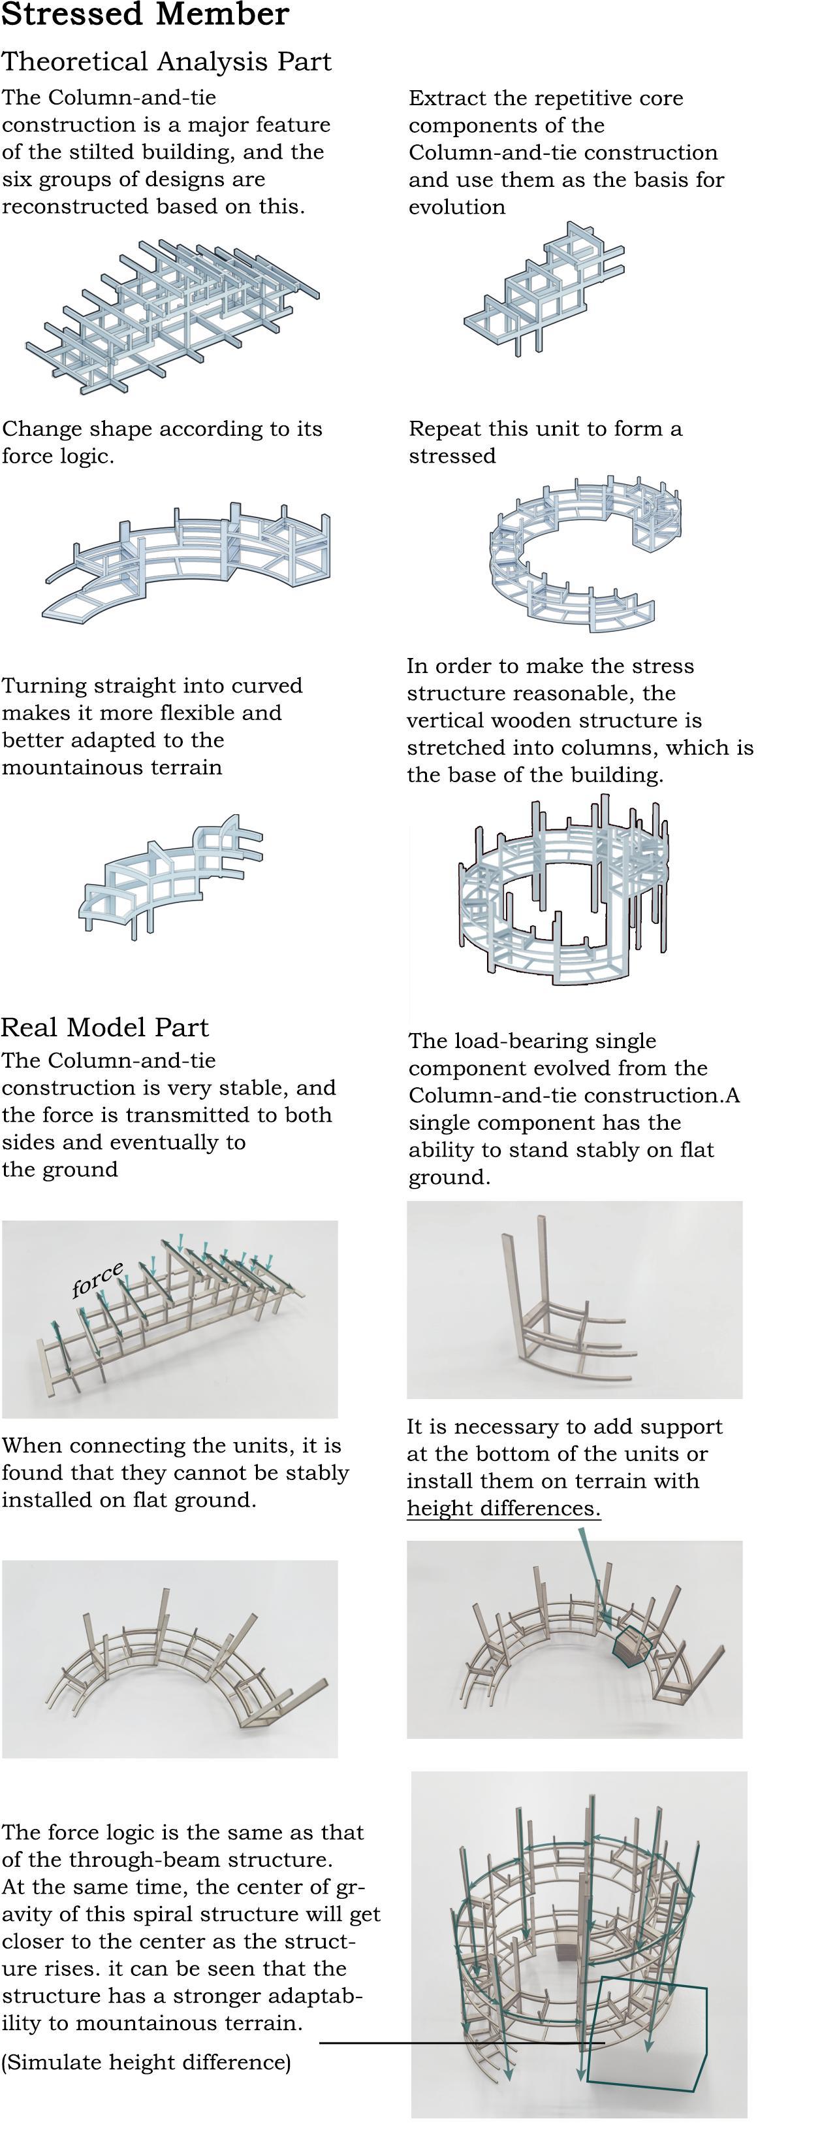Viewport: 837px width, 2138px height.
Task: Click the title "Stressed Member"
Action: pyautogui.click(x=145, y=15)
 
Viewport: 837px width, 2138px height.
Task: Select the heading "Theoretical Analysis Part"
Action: pyautogui.click(x=166, y=61)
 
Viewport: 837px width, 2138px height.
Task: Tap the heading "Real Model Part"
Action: pyautogui.click(x=104, y=1027)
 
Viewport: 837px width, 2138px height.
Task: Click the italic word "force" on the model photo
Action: pyautogui.click(x=98, y=1280)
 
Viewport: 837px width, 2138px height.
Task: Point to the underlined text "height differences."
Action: pyautogui.click(x=503, y=1508)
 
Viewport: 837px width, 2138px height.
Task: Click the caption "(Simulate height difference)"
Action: pyautogui.click(x=146, y=2062)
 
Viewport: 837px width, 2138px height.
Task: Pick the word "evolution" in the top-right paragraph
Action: pyautogui.click(x=456, y=206)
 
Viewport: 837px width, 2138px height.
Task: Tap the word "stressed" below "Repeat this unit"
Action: pyautogui.click(x=452, y=455)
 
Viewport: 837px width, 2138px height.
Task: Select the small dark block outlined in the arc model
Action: pyautogui.click(x=629, y=1643)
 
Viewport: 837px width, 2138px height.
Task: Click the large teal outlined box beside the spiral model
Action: pyautogui.click(x=647, y=2033)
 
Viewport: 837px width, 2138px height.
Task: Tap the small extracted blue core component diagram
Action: pyautogui.click(x=543, y=291)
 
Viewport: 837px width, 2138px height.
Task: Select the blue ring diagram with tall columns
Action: pyautogui.click(x=564, y=892)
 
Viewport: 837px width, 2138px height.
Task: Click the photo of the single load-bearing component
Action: pyautogui.click(x=574, y=1299)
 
